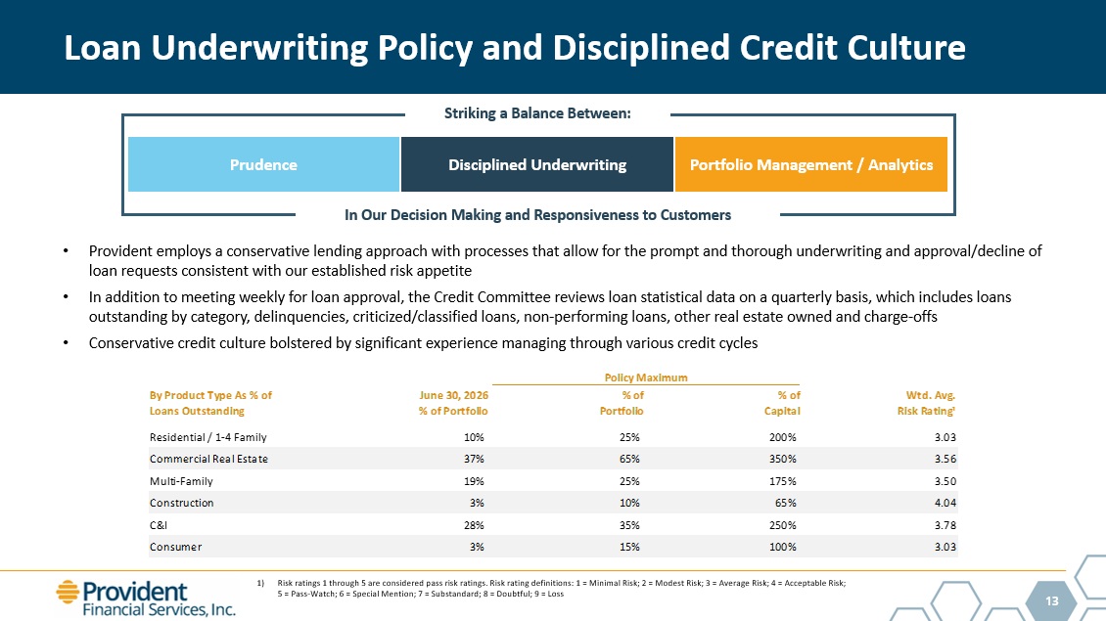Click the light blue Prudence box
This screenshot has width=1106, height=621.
coord(264,164)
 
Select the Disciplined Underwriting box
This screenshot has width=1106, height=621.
coord(536,164)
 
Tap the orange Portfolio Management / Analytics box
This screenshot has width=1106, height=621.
coord(811,164)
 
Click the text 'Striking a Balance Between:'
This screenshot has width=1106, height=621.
coord(537,113)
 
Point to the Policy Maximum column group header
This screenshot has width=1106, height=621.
coord(646,377)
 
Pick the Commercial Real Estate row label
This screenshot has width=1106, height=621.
coord(208,459)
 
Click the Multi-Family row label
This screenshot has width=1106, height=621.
coord(181,481)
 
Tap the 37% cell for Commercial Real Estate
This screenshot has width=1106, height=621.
coord(474,459)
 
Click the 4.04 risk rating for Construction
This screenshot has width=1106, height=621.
coord(945,503)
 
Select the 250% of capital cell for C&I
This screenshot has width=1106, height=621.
coord(782,525)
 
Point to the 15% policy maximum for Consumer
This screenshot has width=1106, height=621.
coord(629,547)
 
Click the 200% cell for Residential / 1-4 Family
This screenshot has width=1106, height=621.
coord(782,437)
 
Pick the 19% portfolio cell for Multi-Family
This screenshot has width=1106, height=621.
coord(474,481)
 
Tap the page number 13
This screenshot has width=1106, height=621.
coord(1052,601)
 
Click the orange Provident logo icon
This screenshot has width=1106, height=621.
coord(68,592)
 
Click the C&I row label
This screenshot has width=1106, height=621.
coord(158,525)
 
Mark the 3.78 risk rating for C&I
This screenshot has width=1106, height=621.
coord(945,525)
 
